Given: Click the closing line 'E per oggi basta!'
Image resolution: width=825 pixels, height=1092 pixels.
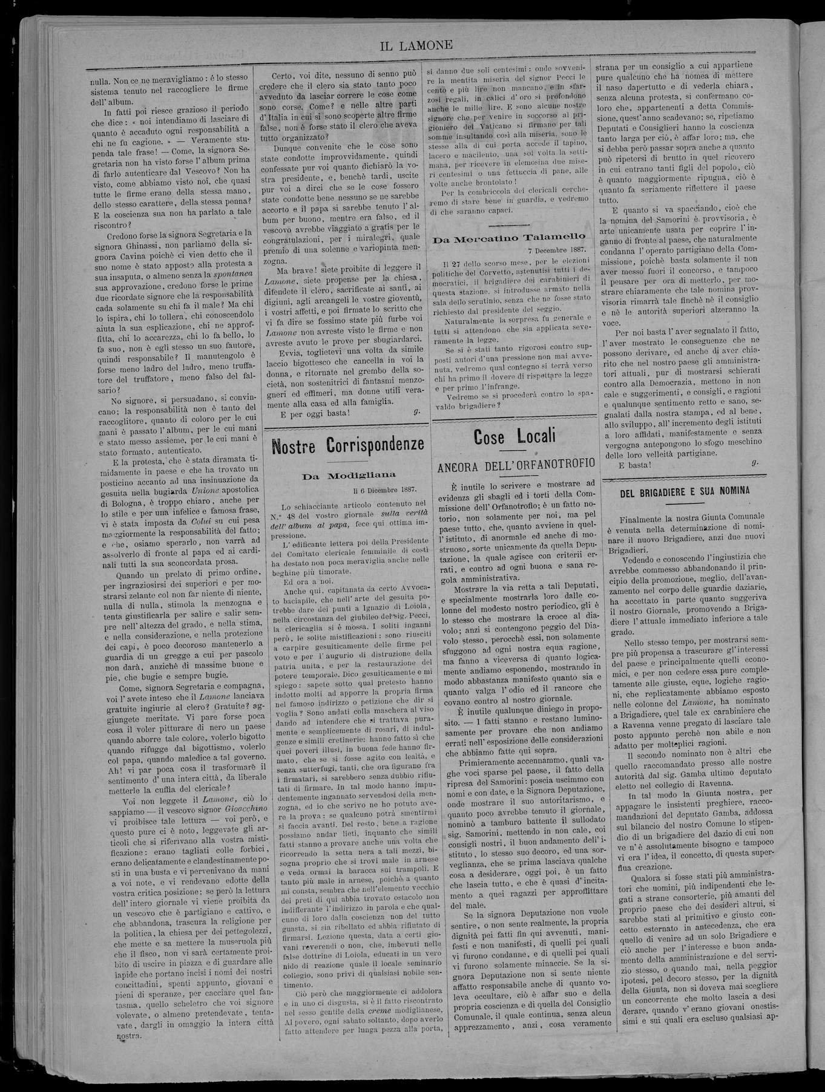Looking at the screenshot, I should tap(315, 413).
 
